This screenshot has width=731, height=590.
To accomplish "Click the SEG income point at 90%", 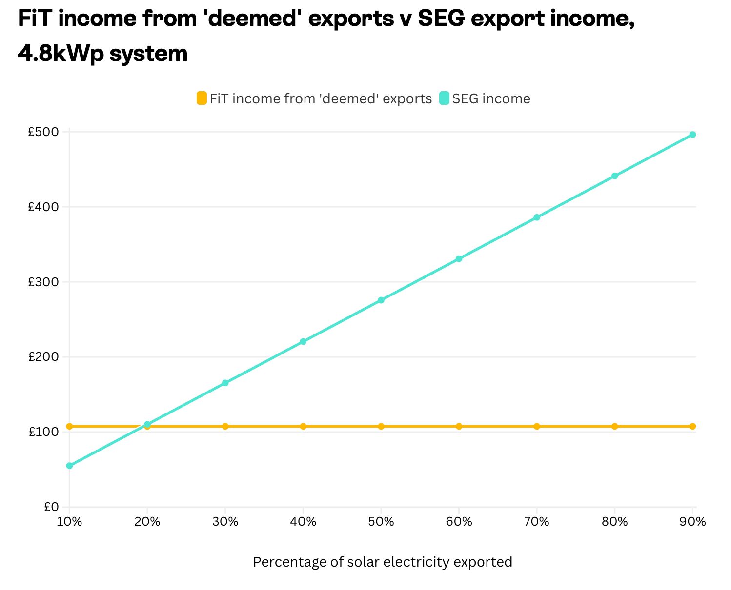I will [x=692, y=135].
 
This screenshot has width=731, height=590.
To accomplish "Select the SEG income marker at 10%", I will [x=70, y=466].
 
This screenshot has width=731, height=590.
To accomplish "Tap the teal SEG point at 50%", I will [x=381, y=300].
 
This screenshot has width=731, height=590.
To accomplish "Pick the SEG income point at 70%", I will [x=537, y=217].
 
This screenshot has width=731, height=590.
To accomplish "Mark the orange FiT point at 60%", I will [x=459, y=426].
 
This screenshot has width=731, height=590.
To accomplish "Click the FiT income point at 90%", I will [x=692, y=426].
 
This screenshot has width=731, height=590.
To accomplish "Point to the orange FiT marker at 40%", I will [x=303, y=426].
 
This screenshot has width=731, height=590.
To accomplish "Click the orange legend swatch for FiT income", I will [x=202, y=98].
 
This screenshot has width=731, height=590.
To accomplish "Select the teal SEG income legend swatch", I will [x=444, y=98].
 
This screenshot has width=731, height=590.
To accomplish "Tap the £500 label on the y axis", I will [x=43, y=132].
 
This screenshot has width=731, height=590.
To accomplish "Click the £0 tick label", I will [x=51, y=507].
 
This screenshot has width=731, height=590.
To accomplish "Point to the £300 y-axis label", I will [x=43, y=282].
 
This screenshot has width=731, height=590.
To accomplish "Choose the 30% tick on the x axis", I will [x=225, y=522].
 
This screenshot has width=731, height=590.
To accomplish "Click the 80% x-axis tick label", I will [x=614, y=522].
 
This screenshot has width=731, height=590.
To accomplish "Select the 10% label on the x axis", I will [x=70, y=522].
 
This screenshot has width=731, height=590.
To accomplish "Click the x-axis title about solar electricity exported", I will [x=383, y=562].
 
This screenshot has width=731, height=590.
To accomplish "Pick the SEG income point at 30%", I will [x=225, y=383].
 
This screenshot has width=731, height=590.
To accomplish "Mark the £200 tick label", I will [x=43, y=357].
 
